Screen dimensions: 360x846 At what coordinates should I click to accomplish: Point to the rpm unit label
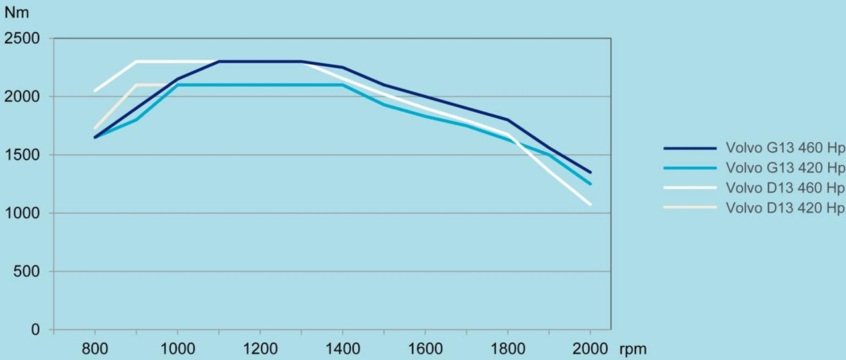[x=634, y=349]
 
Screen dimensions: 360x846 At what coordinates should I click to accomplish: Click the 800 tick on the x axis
[x=95, y=349]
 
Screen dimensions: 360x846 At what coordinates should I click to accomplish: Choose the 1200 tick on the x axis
[x=259, y=349]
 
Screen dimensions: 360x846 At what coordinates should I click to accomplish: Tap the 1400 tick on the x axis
[x=342, y=349]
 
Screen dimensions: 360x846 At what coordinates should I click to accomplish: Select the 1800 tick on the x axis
[x=507, y=349]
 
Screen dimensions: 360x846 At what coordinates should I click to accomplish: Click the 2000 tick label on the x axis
[x=590, y=349]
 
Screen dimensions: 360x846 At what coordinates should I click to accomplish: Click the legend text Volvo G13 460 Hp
[x=785, y=150]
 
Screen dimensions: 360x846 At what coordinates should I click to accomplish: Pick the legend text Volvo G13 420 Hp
[x=785, y=168]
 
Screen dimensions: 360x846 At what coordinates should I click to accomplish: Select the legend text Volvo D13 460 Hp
[x=785, y=187]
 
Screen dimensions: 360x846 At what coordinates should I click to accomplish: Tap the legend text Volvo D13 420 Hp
[x=785, y=207]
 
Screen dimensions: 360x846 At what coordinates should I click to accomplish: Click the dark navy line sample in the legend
[x=690, y=150]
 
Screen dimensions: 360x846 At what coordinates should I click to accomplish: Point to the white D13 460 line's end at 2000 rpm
[x=590, y=204]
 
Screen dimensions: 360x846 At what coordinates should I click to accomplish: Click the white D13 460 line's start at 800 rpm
[x=95, y=91]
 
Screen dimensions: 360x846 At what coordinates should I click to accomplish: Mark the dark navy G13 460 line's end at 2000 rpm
[x=590, y=172]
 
